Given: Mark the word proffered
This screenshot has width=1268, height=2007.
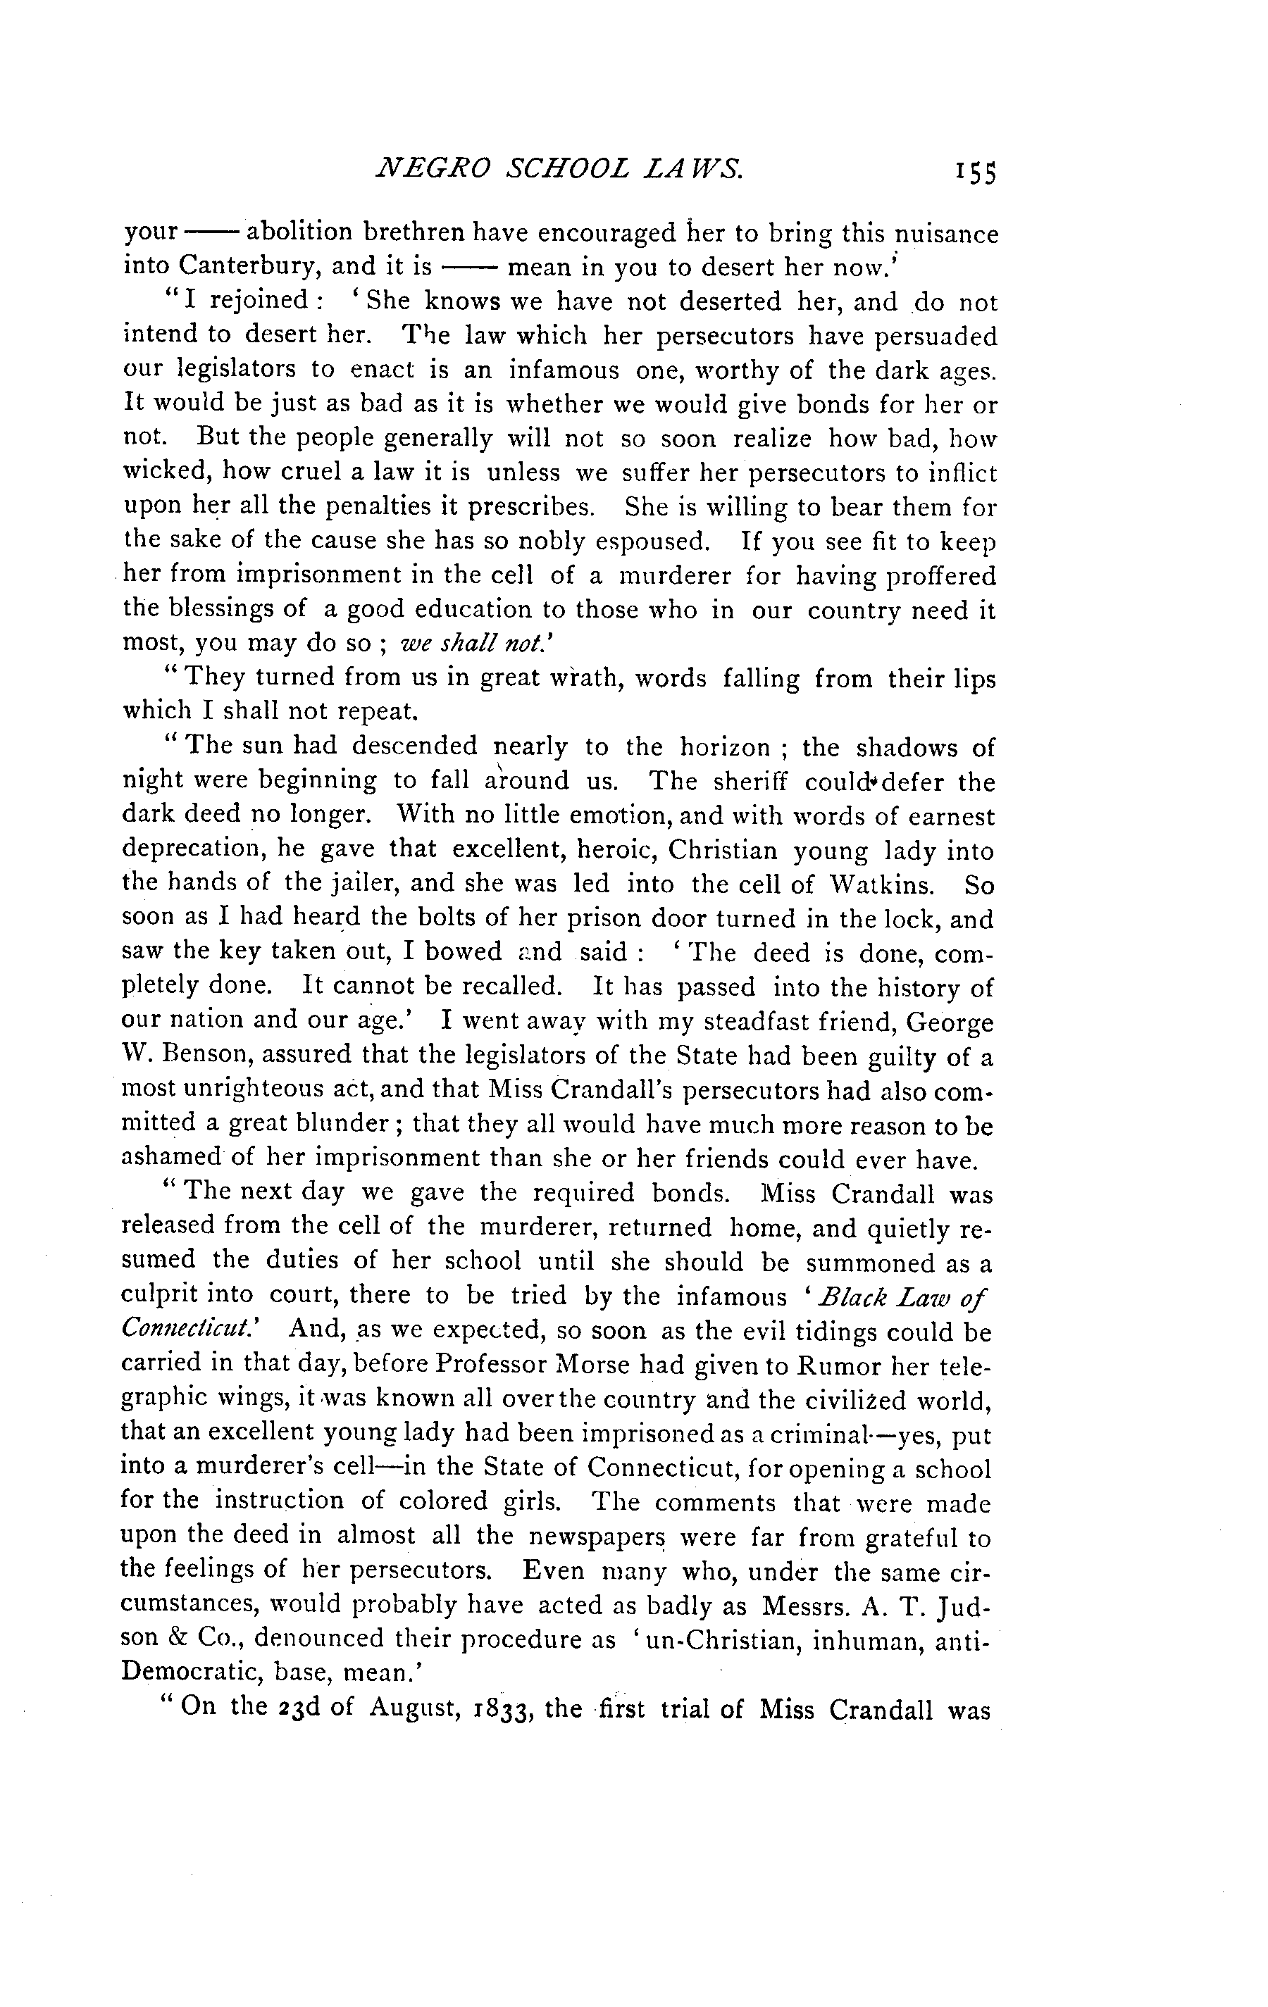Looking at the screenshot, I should click(940, 576).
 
